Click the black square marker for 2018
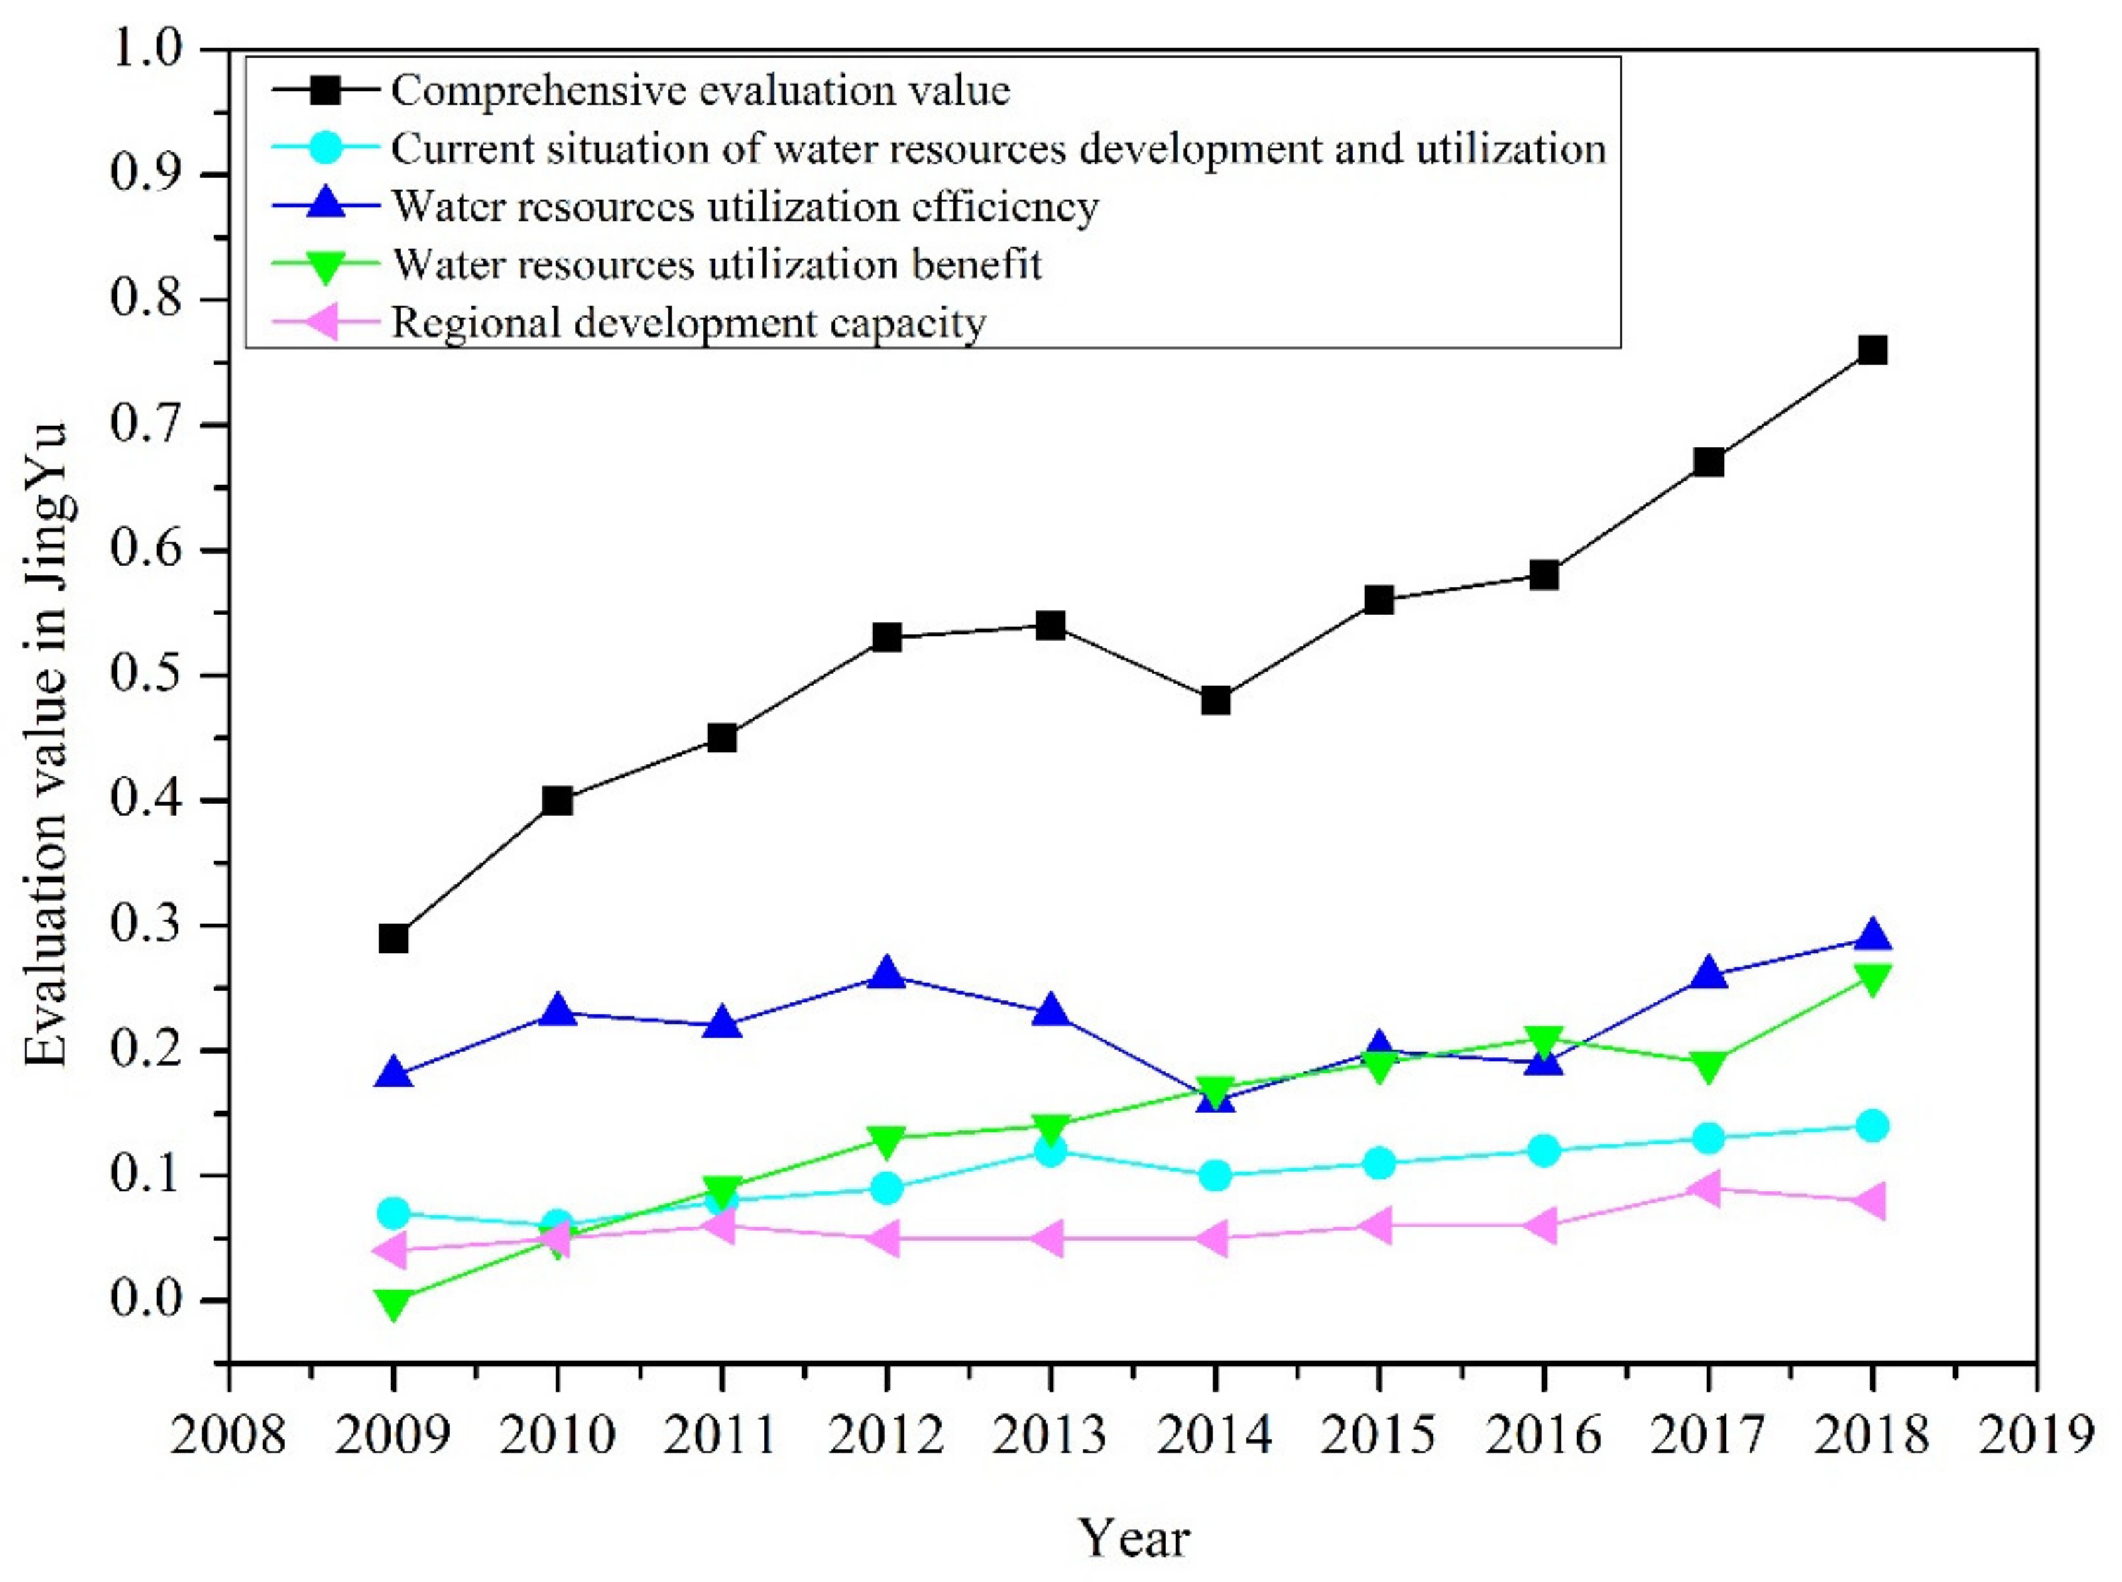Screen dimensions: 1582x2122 (x=1872, y=350)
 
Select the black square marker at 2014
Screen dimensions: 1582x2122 (x=1215, y=700)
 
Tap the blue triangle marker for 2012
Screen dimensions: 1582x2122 (x=887, y=973)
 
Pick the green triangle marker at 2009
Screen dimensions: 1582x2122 (x=393, y=1305)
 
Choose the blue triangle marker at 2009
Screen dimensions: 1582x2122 (x=393, y=1073)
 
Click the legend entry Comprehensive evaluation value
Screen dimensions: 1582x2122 (x=700, y=90)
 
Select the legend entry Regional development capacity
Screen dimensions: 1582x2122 (x=689, y=322)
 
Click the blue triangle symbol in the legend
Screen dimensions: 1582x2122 (x=325, y=204)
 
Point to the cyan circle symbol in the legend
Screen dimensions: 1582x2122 (x=325, y=148)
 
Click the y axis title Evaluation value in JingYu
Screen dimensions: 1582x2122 (x=46, y=744)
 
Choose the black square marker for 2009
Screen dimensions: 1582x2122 (x=393, y=938)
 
